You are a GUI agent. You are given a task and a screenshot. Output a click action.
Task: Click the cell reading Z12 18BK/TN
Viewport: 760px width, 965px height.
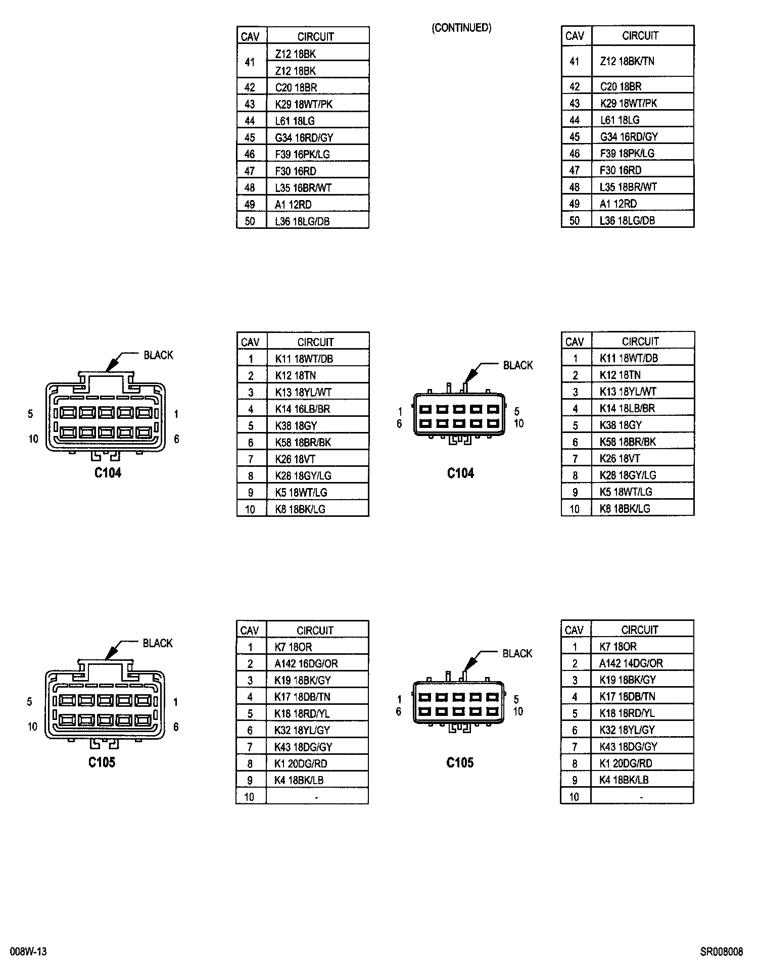point(627,61)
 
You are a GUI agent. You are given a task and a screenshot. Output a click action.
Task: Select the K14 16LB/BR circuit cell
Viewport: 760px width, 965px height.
point(302,409)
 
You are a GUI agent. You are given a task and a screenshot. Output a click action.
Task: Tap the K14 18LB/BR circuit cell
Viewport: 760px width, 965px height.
point(627,408)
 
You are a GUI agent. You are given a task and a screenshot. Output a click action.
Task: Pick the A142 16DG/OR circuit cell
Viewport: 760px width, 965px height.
point(306,663)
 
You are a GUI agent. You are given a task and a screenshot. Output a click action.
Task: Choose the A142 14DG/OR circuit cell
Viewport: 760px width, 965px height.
point(631,663)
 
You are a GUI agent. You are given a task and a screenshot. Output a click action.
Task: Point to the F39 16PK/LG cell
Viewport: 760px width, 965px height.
point(302,154)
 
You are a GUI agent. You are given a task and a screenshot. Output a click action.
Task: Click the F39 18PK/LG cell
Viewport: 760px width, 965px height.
point(627,153)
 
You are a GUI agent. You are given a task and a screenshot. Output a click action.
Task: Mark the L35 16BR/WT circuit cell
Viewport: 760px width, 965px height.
point(303,187)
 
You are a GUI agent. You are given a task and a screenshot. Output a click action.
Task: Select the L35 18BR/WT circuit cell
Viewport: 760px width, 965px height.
point(628,187)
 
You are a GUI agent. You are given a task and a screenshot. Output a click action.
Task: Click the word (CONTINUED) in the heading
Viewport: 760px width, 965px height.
point(461,28)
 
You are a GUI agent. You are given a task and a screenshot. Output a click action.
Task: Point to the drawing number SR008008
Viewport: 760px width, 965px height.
point(721,952)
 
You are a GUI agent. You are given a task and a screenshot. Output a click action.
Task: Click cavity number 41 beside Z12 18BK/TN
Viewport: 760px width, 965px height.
point(575,61)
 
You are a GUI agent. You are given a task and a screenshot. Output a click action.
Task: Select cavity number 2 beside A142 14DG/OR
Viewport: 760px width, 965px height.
point(575,663)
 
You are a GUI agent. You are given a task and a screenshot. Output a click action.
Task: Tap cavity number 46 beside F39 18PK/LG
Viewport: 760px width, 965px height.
point(575,154)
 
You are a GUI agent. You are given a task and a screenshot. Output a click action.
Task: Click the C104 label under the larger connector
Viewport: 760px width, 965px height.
point(108,473)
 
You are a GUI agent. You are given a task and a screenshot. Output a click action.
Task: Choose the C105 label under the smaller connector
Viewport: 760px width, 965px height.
point(460,762)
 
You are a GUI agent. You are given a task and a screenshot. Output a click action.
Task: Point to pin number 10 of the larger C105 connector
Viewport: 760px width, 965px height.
point(32,727)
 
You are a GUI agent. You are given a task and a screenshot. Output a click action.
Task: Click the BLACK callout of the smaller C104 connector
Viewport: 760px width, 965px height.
point(518,365)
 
